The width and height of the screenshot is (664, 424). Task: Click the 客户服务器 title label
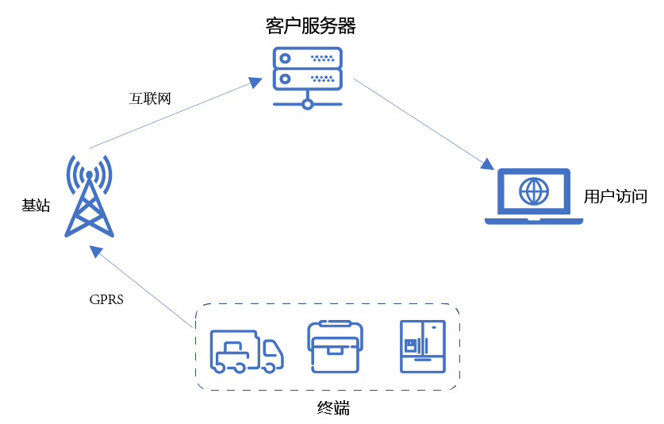310,26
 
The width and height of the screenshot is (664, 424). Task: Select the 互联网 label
150,98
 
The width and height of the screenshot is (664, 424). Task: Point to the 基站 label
36,206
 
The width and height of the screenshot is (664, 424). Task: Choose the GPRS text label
106,301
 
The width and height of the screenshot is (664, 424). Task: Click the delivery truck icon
246,350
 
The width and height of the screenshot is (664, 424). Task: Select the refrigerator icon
422,346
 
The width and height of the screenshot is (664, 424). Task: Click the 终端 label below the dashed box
333,409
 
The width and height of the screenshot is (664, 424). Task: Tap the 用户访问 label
615,197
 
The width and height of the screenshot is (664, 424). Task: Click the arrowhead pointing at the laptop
488,164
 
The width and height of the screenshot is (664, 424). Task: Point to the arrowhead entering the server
255,82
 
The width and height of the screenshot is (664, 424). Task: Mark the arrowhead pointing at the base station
96,251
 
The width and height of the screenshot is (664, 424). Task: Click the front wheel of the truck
271,366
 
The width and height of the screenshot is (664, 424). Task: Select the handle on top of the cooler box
335,324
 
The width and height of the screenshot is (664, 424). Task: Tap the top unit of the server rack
307,57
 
